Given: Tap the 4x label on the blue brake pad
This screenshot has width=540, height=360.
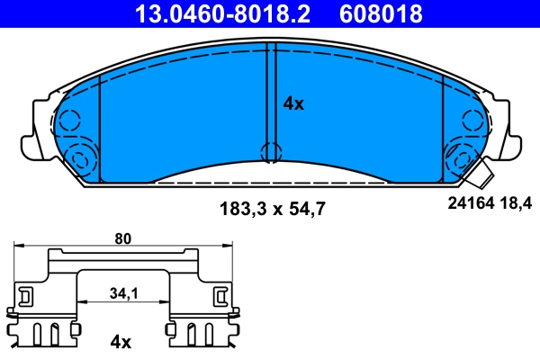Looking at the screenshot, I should point(293,103).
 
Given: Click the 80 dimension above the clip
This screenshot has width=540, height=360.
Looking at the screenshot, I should point(123,239).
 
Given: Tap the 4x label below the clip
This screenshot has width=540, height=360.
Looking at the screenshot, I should point(120,342).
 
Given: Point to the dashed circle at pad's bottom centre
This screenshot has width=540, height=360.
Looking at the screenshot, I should point(269,152).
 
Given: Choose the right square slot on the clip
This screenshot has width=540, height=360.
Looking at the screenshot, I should point(220,295).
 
